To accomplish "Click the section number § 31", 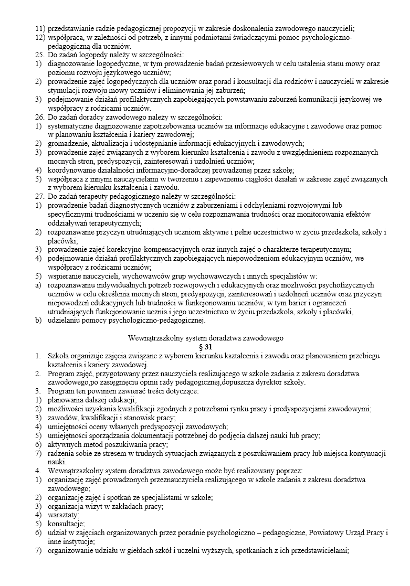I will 206,347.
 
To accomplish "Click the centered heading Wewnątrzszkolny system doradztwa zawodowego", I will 206,338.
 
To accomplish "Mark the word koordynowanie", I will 71,170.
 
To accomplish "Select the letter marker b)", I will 39,320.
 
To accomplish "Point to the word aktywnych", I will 64,444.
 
